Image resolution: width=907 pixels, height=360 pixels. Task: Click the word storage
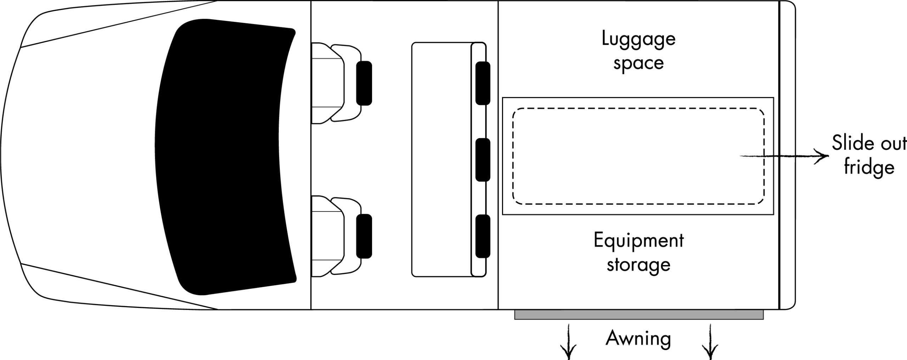pos(638,265)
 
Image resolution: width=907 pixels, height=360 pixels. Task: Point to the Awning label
pos(638,338)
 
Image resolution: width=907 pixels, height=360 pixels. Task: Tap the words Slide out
pos(869,143)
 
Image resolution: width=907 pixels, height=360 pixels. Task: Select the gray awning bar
pos(638,314)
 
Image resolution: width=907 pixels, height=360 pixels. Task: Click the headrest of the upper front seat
pos(364,83)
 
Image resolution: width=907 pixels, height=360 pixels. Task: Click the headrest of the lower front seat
pos(364,236)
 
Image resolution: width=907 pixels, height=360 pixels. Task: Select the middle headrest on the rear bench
pos(483,160)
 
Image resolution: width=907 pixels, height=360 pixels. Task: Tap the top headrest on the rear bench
pos(483,83)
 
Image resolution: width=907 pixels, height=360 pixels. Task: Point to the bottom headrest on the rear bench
pos(483,236)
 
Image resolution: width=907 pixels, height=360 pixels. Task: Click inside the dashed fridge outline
pos(638,156)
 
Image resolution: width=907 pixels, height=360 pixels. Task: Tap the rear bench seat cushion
pos(441,159)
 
